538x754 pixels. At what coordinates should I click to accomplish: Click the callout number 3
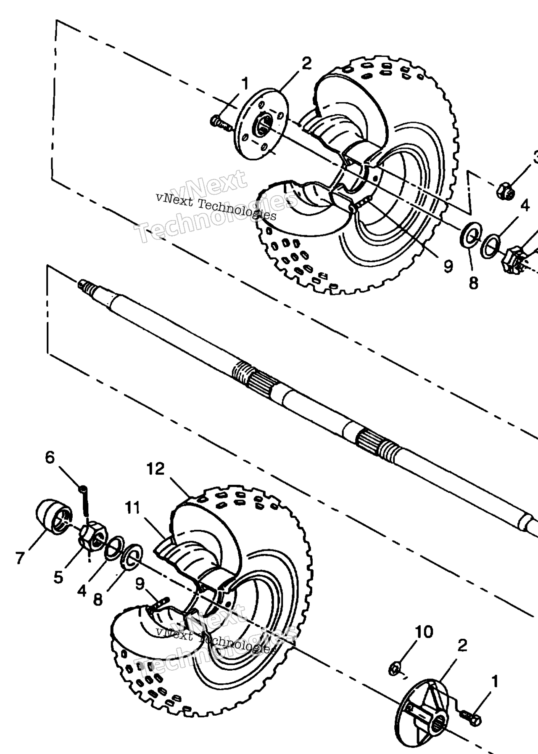535,158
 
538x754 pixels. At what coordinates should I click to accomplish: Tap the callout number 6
50,457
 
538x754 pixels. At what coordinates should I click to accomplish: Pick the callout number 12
156,469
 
